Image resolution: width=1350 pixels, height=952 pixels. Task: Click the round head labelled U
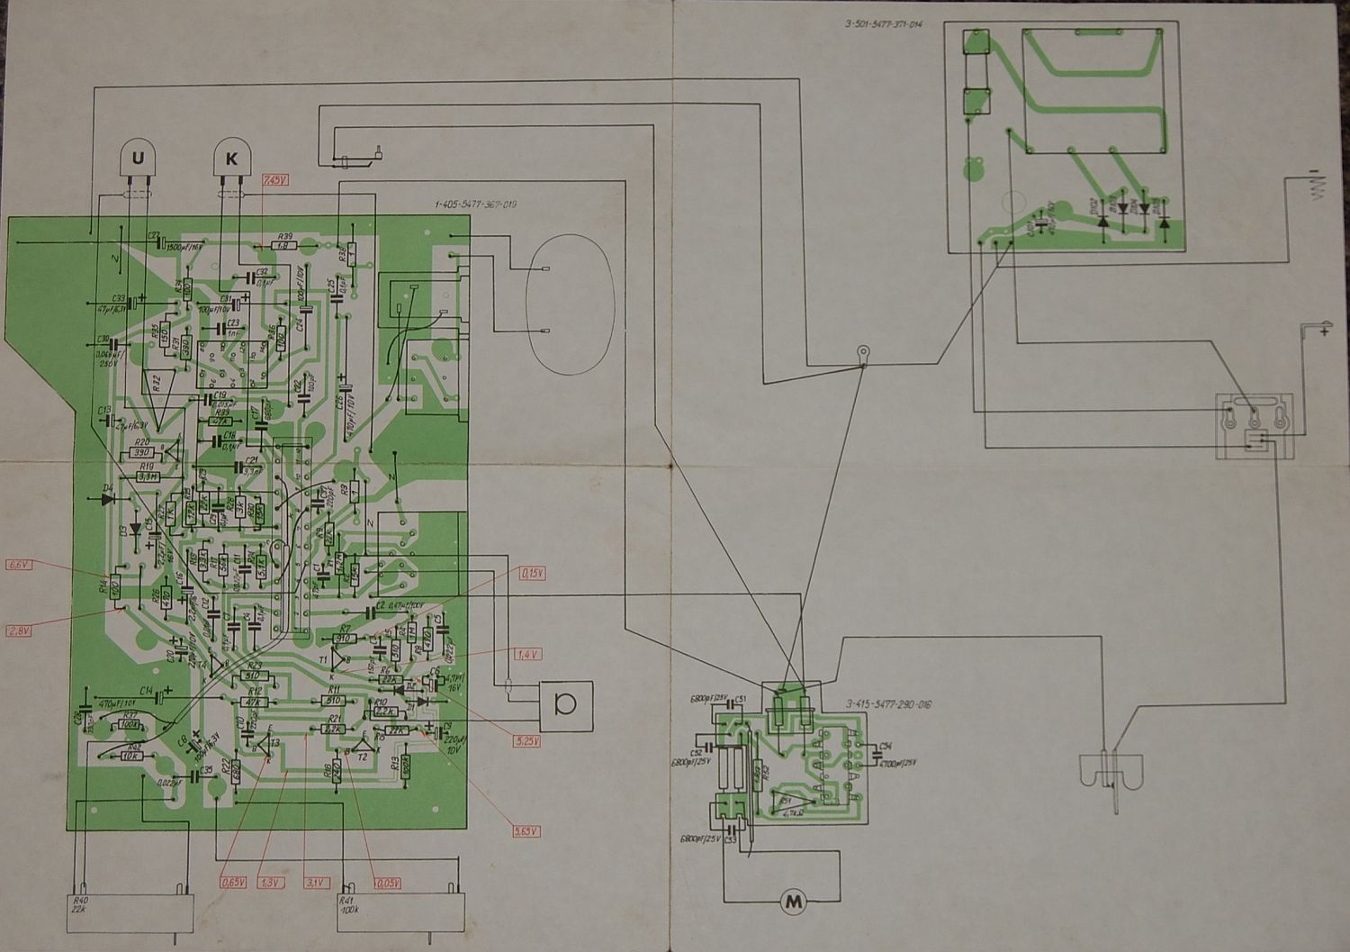pos(138,159)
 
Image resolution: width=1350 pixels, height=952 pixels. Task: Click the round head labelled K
pos(231,159)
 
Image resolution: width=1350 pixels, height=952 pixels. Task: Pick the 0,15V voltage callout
pos(531,572)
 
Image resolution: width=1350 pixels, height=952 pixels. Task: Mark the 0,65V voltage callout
pos(232,883)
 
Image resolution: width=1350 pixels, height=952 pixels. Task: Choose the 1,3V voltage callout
pos(268,883)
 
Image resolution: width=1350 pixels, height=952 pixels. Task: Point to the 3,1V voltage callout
pos(316,883)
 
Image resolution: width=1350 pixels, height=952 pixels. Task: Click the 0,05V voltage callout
pos(388,883)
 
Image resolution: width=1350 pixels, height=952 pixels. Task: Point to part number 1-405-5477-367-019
pos(475,205)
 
